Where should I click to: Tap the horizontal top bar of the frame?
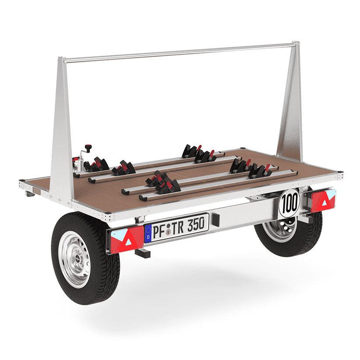(179, 52)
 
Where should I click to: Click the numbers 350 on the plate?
(196, 225)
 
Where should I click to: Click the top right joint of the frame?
(297, 44)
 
